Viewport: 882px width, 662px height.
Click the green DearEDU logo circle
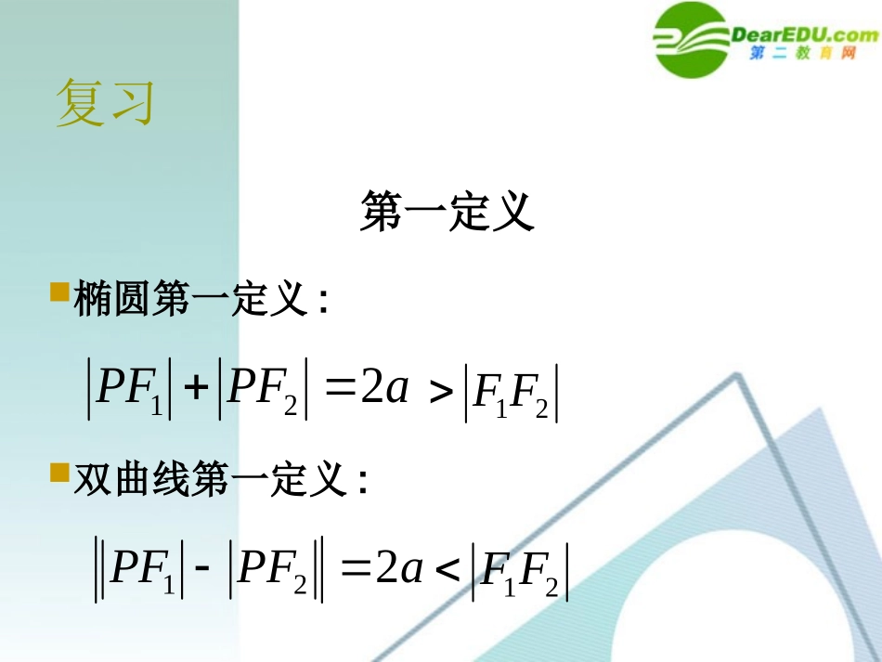[x=692, y=40]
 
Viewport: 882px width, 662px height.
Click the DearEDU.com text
[x=805, y=35]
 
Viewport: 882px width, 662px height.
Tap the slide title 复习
[x=104, y=102]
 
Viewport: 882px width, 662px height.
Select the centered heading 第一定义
[x=447, y=213]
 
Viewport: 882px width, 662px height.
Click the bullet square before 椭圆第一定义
[x=60, y=292]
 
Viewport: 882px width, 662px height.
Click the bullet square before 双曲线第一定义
[x=60, y=473]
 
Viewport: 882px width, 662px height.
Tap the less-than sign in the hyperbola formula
[x=447, y=571]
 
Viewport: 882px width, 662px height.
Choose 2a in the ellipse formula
[x=385, y=389]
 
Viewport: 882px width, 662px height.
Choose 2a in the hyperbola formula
[x=399, y=567]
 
